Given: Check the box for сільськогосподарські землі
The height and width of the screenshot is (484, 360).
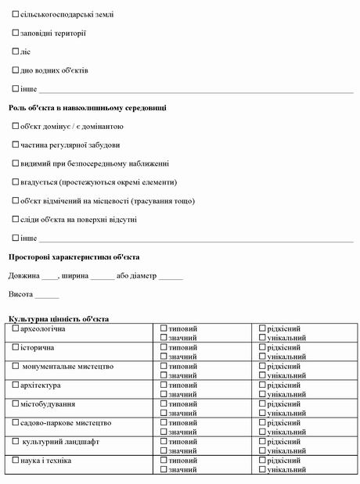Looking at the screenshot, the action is pos(16,14).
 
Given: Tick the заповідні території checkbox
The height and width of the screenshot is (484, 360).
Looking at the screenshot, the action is pos(16,33).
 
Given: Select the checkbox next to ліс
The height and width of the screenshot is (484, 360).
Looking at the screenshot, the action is pos(16,52).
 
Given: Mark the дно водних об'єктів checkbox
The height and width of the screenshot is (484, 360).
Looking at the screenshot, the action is pos(16,70).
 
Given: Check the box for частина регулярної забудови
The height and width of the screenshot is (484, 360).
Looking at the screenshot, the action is pos(16,145).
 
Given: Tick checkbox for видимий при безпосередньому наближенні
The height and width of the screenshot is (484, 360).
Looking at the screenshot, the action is pos(16,163).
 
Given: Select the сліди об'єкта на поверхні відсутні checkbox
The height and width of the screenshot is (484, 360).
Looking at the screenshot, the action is pos(16,219).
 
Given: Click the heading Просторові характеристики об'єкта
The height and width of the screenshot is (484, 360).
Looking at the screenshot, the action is pos(74,256).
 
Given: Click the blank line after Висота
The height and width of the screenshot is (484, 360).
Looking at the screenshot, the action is pos(47,296).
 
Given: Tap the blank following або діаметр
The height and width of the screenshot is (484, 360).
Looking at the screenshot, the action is pos(171,277).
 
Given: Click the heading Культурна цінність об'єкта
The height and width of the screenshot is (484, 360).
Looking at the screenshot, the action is pos(59,319).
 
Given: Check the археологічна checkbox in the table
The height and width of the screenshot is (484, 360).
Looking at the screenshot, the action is pos(16,328).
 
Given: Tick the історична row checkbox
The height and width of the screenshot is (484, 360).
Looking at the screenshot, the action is pos(16,347).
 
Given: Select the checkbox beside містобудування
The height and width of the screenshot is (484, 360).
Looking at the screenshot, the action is pos(16,404).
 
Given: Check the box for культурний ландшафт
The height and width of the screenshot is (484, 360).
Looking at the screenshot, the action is pos(16,442).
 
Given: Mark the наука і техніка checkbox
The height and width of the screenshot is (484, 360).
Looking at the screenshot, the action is pos(16,461).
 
